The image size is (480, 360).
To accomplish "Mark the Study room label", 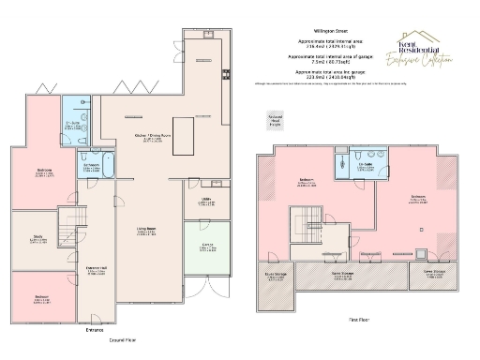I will [x=33, y=240].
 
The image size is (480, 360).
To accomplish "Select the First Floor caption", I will [x=358, y=321].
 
